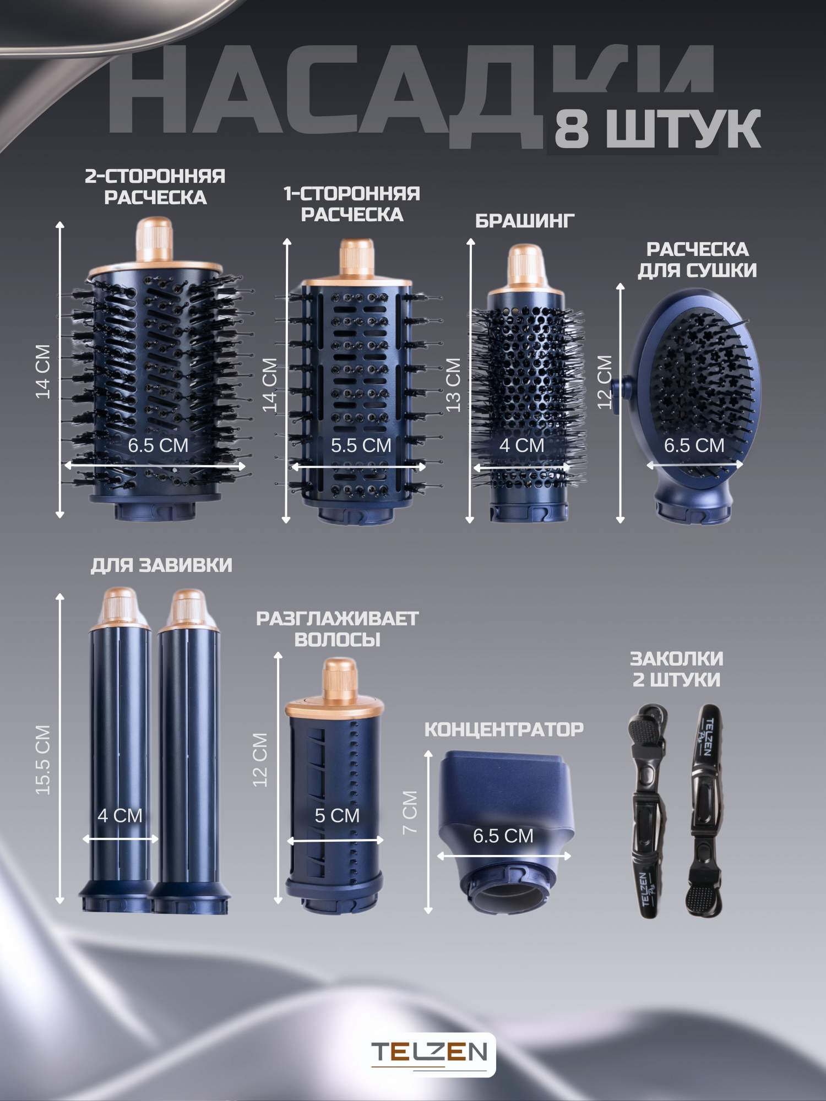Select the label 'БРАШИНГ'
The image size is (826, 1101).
[525, 221]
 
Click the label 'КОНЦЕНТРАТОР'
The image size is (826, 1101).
[504, 729]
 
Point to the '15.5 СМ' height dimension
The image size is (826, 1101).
[43, 760]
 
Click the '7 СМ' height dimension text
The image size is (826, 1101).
[410, 811]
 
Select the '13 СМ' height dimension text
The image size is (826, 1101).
[453, 384]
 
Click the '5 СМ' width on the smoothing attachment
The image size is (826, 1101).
[337, 815]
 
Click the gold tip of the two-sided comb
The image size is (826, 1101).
[155, 240]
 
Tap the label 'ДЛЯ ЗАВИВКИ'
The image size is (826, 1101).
[161, 565]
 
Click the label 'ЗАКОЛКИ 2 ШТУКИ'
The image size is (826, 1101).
[676, 669]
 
